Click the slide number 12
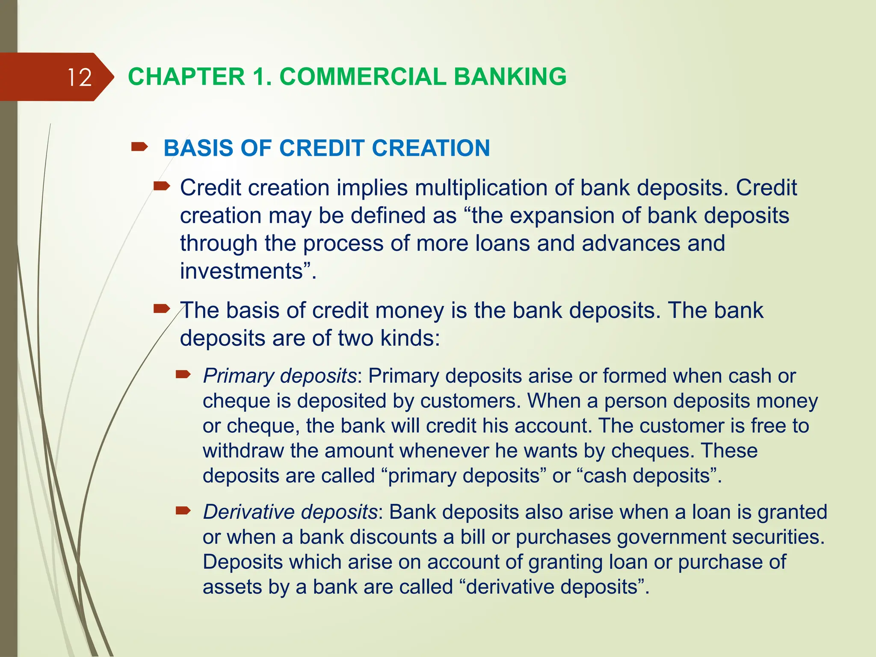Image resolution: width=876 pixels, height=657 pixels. (80, 77)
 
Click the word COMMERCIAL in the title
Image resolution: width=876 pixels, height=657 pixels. (363, 77)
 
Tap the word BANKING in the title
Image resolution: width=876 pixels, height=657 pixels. (510, 77)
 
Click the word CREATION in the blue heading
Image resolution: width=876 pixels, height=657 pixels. (431, 148)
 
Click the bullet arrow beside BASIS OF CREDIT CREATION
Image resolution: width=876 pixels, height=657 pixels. (139, 148)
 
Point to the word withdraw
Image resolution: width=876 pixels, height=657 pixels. (243, 451)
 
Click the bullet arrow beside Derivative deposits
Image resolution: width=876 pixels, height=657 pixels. (183, 511)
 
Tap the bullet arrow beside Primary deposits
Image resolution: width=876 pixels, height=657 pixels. (183, 375)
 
